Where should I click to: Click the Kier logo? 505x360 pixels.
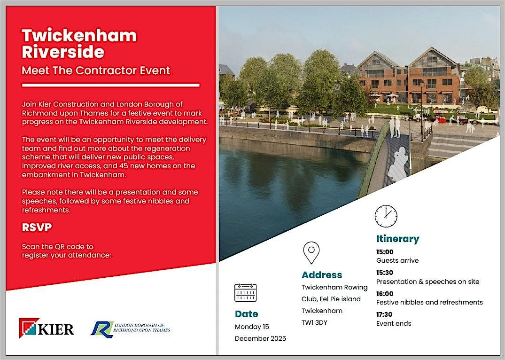tap(47, 328)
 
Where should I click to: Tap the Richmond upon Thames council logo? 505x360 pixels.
tap(130, 328)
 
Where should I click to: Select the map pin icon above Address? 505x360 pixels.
tap(311, 252)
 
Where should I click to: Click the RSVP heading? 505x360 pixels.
tap(37, 227)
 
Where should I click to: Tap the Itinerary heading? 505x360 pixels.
tap(397, 239)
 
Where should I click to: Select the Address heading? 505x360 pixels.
tap(322, 275)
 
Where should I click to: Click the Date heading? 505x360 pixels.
tap(246, 313)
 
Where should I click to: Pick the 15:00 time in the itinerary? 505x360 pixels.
tap(385, 252)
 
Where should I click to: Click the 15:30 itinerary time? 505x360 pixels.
tap(385, 273)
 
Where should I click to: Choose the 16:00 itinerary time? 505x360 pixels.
tap(385, 293)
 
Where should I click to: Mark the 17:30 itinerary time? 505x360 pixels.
tap(384, 314)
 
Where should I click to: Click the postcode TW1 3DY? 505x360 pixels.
tap(315, 323)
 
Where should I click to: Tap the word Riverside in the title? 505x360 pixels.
tap(63, 51)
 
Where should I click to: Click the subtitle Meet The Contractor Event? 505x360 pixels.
tap(96, 71)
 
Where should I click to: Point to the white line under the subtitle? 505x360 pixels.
tap(111, 85)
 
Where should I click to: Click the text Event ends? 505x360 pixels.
tap(394, 323)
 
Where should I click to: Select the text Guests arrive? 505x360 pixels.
tap(397, 260)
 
